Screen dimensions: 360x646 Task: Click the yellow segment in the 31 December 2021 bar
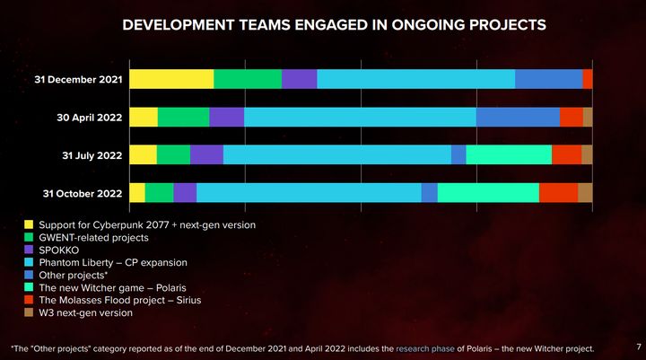(171, 79)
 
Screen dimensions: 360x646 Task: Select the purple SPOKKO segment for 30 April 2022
(226, 117)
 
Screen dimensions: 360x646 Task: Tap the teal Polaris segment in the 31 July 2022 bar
(509, 154)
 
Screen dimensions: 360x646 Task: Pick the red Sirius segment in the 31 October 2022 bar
(558, 192)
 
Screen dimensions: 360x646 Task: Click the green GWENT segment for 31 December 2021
(248, 79)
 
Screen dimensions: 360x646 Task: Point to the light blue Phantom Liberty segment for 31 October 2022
(309, 192)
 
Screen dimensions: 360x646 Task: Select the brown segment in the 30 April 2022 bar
(588, 117)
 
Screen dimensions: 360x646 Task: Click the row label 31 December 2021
(78, 80)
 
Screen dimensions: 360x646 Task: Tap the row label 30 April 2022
(89, 118)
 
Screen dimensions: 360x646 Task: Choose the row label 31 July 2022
(92, 155)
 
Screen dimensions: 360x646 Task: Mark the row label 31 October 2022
(83, 193)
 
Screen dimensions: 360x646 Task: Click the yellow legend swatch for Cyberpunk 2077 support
(30, 224)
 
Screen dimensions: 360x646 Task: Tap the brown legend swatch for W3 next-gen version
(30, 312)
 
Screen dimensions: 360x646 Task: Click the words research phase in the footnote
(424, 347)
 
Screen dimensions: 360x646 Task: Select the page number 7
(637, 346)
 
